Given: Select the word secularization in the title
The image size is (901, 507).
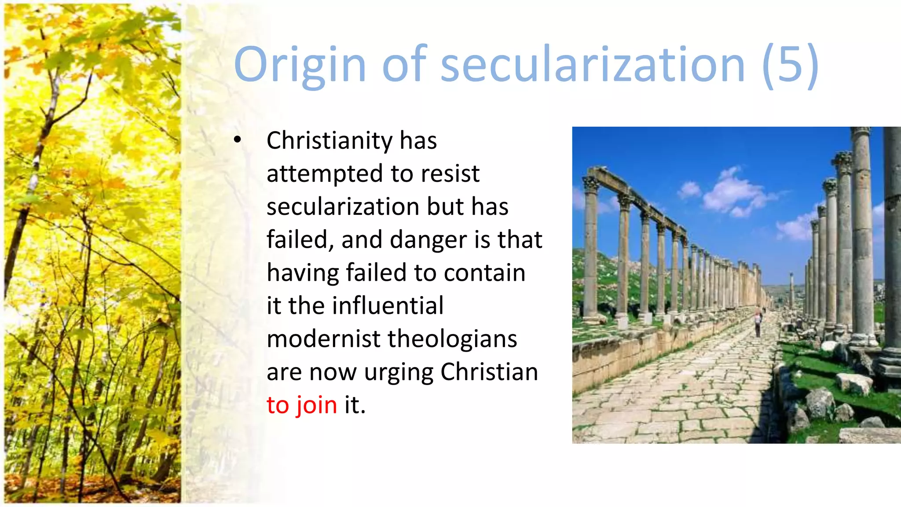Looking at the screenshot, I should (592, 65).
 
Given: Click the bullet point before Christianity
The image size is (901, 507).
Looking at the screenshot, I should (238, 140).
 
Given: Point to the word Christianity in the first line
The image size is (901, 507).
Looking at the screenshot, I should (330, 141).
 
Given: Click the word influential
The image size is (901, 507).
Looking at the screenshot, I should (388, 306).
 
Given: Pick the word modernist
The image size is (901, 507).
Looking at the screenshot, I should (323, 339).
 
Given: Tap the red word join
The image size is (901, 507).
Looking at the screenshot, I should (316, 405).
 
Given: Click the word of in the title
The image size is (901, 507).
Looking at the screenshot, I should (404, 65).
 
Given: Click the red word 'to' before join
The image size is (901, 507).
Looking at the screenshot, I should (278, 405).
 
